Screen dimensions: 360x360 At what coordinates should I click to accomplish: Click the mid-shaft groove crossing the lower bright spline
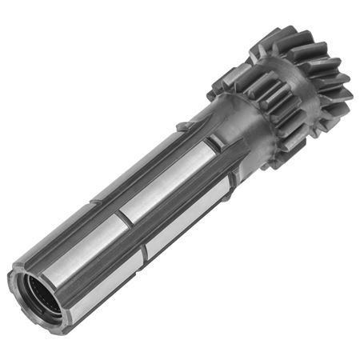coord(142,254)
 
